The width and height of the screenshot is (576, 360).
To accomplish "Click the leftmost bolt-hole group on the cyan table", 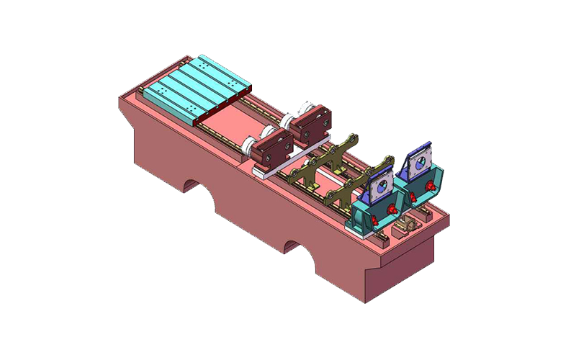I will click(162, 94).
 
